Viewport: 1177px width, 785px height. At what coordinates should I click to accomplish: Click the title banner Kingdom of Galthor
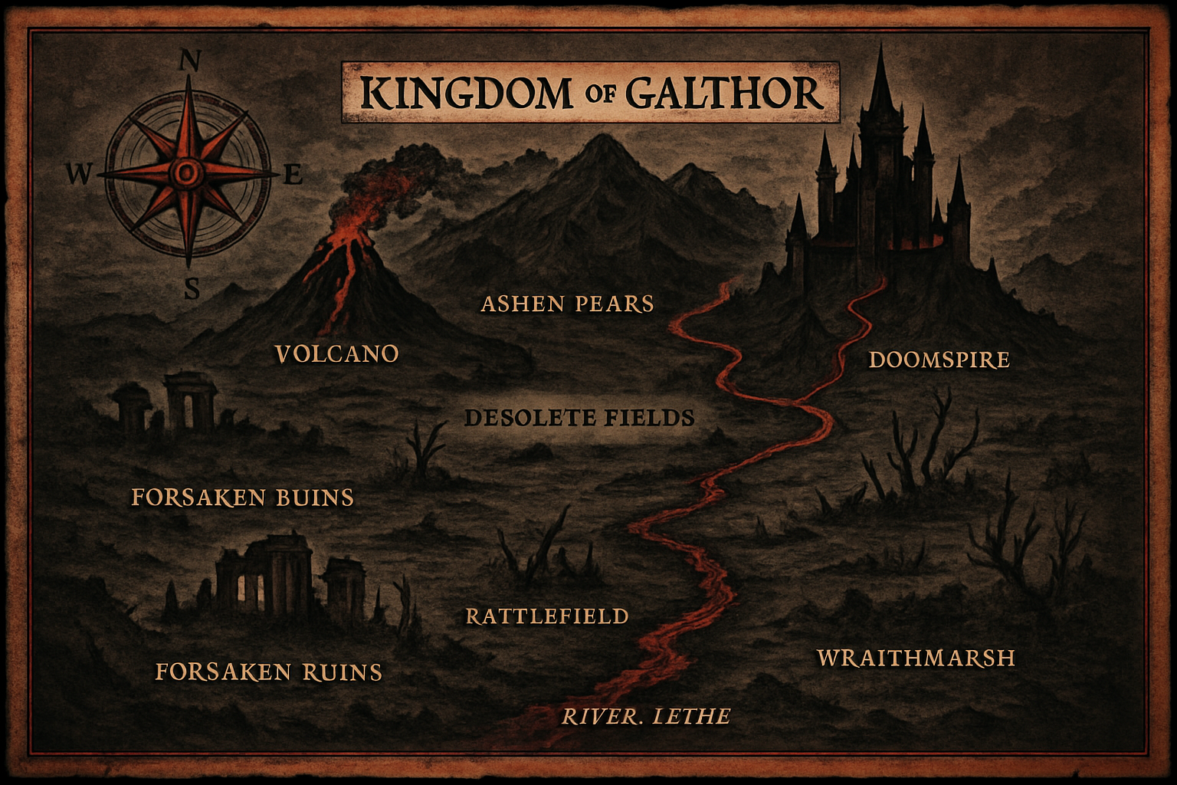tap(590, 93)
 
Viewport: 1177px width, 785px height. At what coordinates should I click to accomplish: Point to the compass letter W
tap(77, 176)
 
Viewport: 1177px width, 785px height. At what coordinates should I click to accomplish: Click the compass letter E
tap(293, 176)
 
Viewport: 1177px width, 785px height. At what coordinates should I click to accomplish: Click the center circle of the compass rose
tap(186, 173)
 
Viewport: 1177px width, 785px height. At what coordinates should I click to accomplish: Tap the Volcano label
tap(336, 353)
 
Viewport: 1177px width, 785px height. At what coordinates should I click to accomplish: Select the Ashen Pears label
tap(567, 304)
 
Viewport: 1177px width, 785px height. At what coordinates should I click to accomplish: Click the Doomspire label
tap(939, 360)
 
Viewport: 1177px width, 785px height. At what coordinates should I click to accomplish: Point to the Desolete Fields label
tap(579, 418)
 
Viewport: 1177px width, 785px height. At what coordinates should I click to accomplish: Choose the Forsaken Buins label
tap(242, 498)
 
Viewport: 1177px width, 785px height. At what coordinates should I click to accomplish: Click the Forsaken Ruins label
tap(268, 672)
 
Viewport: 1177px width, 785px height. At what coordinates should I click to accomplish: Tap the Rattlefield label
tap(547, 616)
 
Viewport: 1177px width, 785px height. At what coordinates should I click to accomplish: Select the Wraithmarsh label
tap(916, 658)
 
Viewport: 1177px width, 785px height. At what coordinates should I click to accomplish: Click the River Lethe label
tap(646, 717)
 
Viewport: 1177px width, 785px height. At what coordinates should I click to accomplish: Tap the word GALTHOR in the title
tap(724, 94)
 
